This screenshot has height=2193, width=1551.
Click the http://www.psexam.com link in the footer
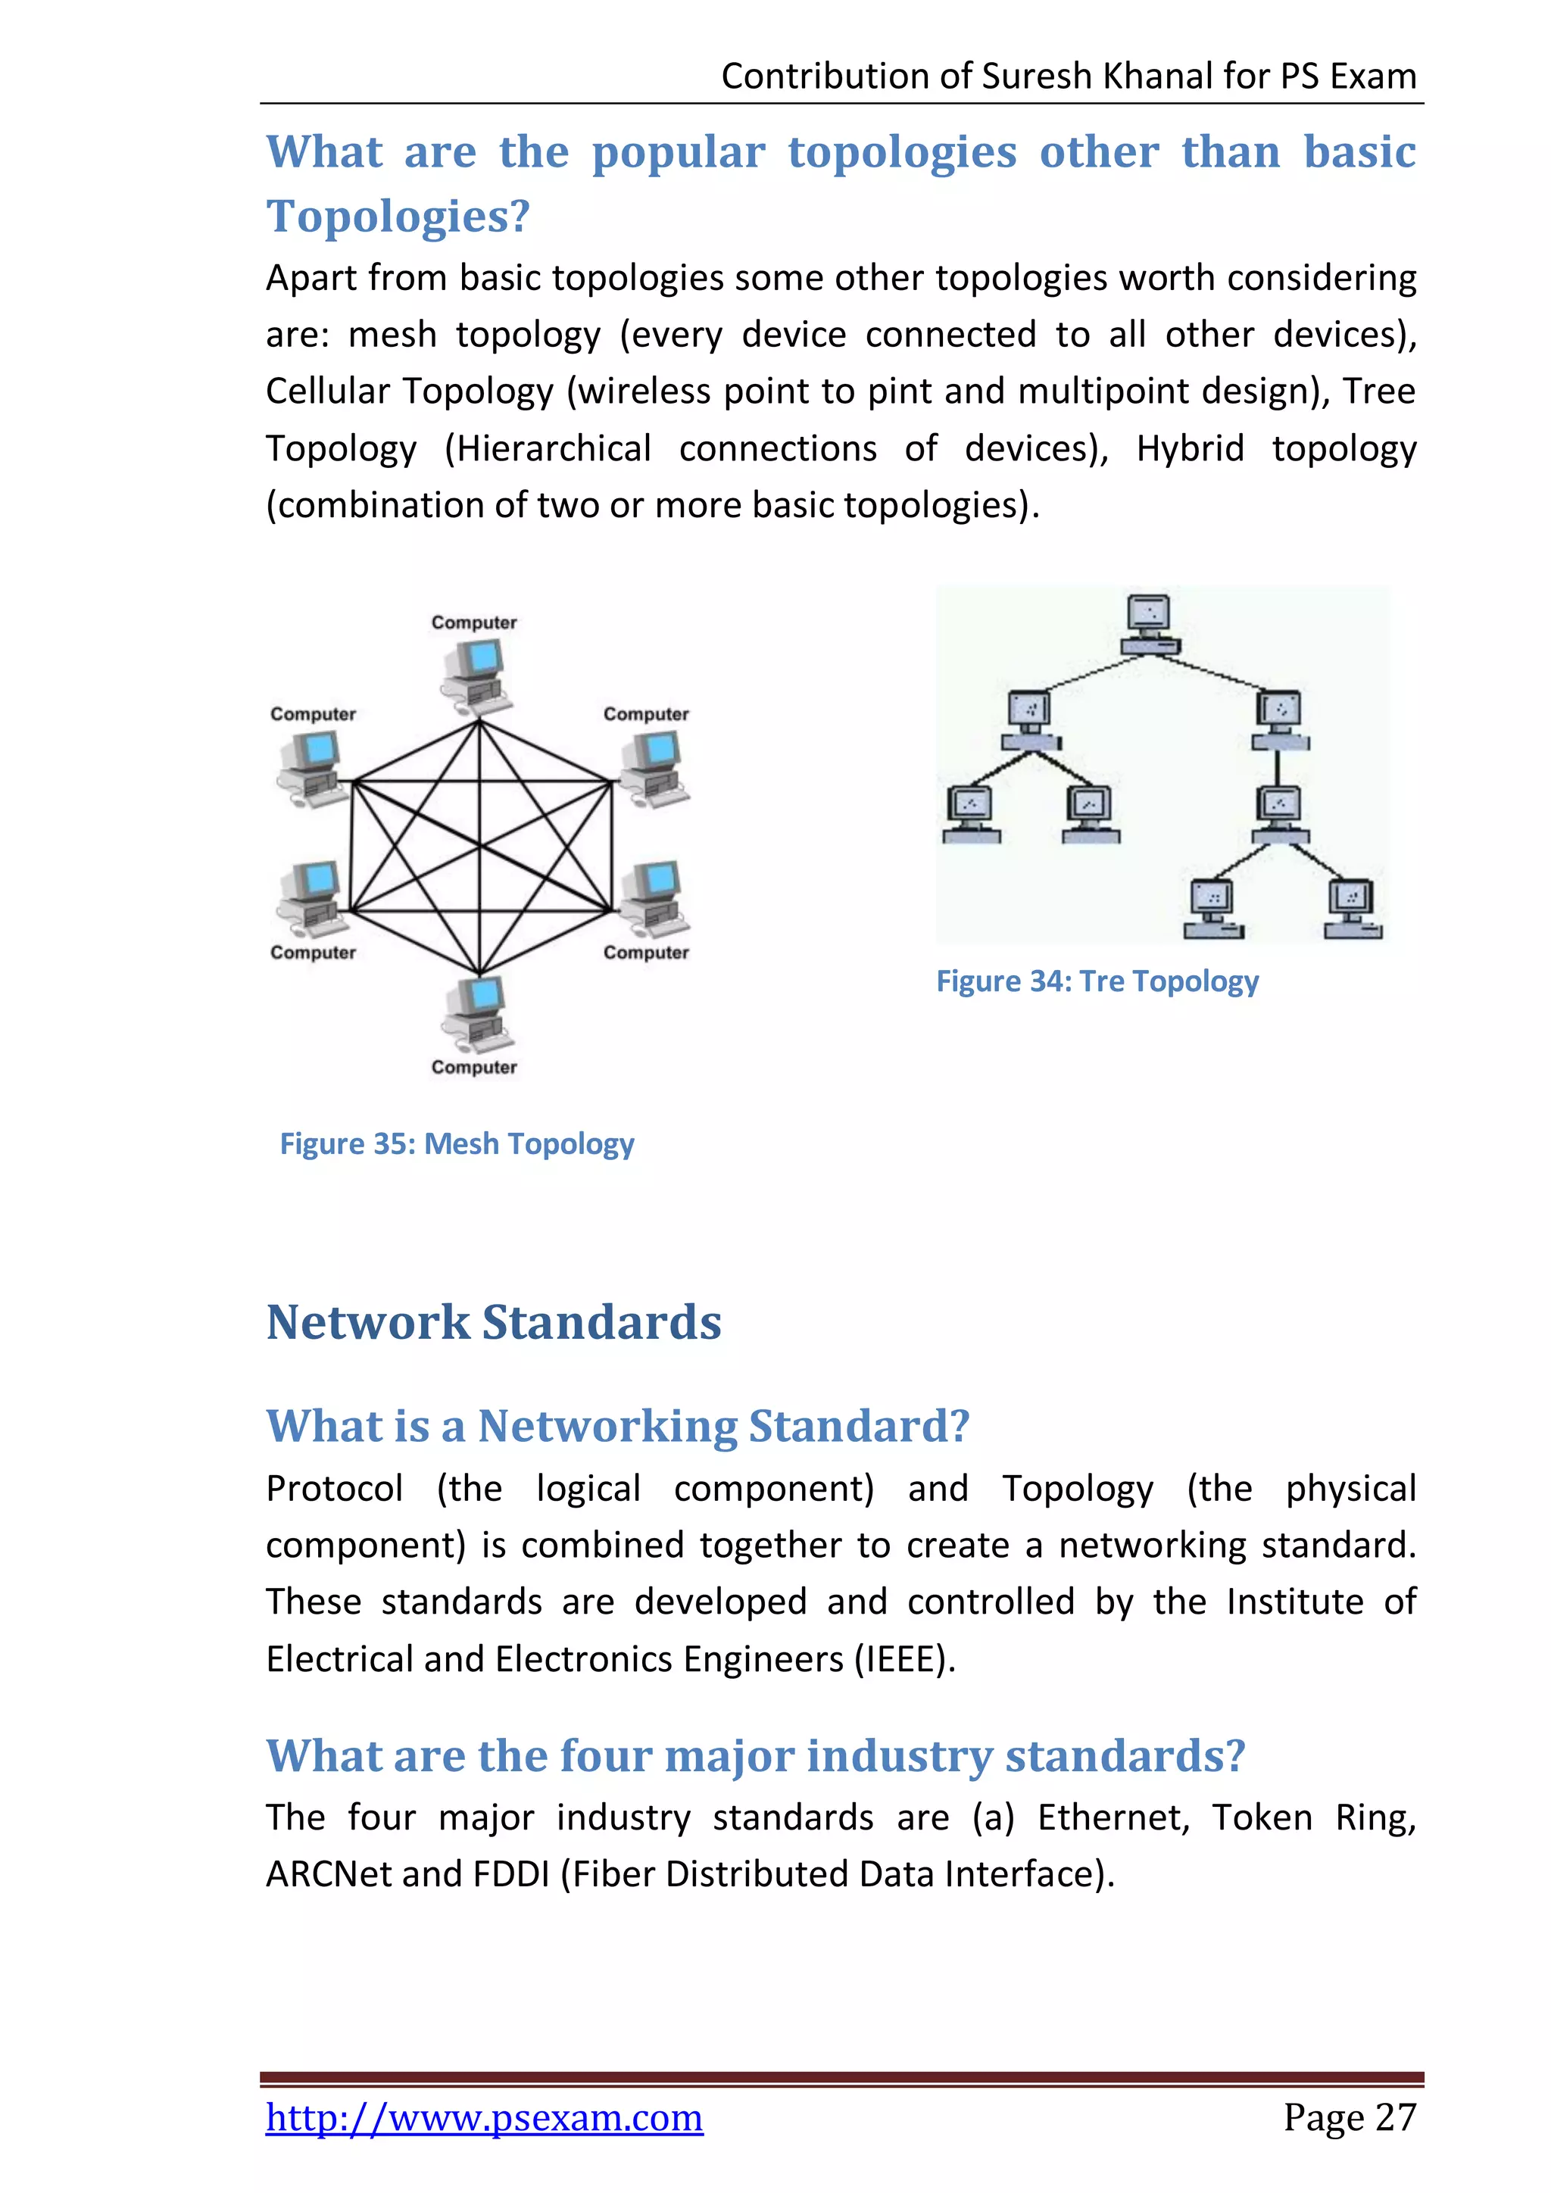tap(484, 2117)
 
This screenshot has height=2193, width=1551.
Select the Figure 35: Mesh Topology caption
tap(457, 1143)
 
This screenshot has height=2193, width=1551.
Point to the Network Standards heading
tap(494, 1323)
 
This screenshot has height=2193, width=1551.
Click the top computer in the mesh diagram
tap(476, 676)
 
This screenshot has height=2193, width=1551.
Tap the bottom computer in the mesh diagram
tap(476, 1012)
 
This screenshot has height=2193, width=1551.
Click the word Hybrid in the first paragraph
tap(1189, 448)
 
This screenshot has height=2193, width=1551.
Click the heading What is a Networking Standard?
tap(618, 1426)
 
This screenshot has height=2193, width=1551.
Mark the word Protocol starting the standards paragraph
tap(334, 1488)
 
